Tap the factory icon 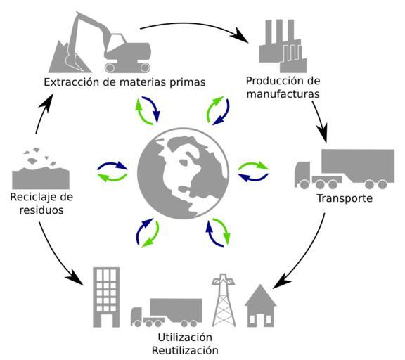[x=283, y=46]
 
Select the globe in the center [x=183, y=173]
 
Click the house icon [x=260, y=306]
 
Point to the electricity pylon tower [x=224, y=300]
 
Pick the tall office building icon [x=106, y=297]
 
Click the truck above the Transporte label [x=345, y=169]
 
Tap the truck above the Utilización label [x=167, y=313]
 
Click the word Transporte [x=345, y=198]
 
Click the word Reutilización [x=185, y=350]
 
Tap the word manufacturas [x=283, y=94]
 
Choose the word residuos [x=41, y=210]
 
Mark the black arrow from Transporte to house [x=306, y=255]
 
